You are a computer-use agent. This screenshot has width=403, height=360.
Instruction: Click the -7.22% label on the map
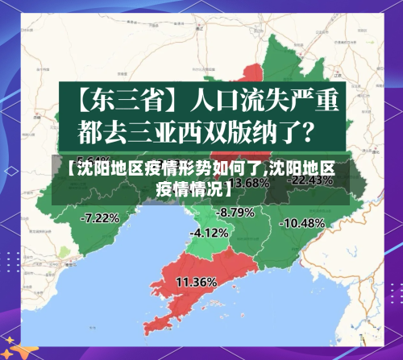click(x=101, y=217)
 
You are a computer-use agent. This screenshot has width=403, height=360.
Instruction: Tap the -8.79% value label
click(x=235, y=212)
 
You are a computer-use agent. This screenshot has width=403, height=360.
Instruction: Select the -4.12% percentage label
click(x=209, y=233)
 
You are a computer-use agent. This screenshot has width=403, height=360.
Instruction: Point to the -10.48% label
click(x=302, y=222)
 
